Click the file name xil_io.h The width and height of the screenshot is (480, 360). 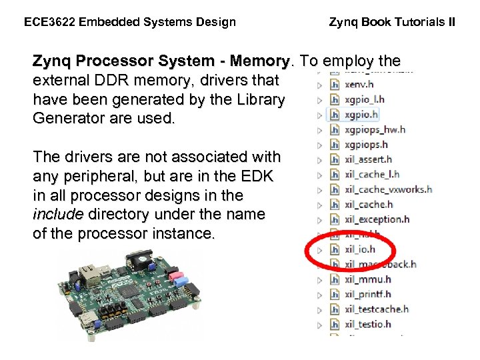[x=360, y=249]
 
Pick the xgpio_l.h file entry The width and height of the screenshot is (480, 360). [x=364, y=99]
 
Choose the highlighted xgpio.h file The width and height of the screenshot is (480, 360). [x=361, y=114]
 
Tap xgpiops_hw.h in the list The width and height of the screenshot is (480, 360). [x=375, y=129]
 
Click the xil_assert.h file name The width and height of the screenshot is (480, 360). [x=368, y=159]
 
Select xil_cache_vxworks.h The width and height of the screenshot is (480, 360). [x=388, y=189]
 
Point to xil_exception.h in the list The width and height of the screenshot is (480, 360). [x=377, y=219]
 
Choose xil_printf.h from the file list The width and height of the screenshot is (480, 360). [x=367, y=294]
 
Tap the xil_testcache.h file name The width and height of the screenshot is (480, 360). [x=377, y=309]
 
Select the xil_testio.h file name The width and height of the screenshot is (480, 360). [x=368, y=325]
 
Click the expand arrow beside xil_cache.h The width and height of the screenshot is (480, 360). [x=320, y=205]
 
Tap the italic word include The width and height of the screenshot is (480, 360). [x=57, y=215]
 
